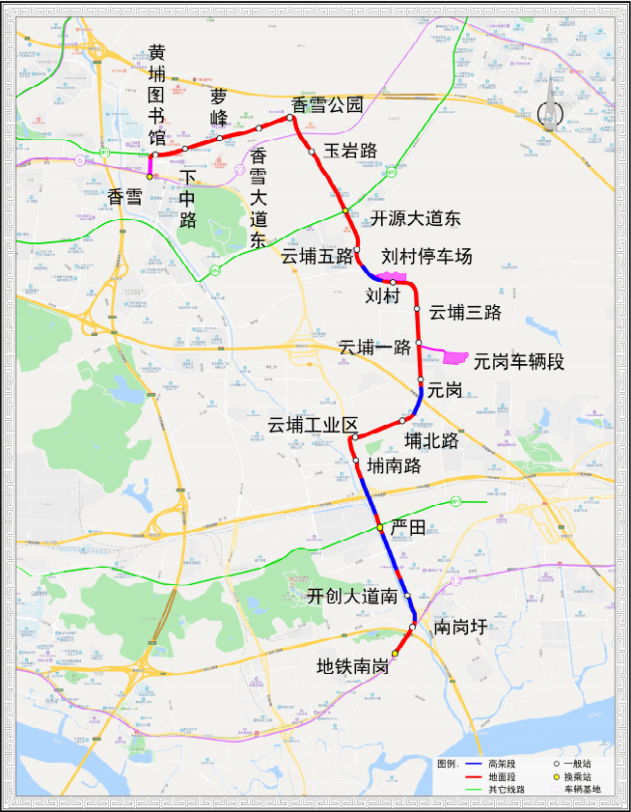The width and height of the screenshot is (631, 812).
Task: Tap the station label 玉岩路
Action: click(x=349, y=151)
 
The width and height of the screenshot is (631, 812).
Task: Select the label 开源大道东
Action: click(x=416, y=218)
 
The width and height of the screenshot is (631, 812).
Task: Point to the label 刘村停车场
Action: click(x=426, y=257)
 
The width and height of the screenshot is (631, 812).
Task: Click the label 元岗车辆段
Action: click(x=518, y=361)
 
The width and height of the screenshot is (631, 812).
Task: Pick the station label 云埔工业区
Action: click(x=313, y=426)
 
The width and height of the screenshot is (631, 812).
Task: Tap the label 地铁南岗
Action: click(x=353, y=666)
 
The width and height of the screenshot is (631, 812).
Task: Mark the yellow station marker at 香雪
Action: click(x=150, y=177)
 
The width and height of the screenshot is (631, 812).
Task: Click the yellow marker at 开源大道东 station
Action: click(x=344, y=211)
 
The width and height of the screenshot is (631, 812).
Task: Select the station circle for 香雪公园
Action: click(x=290, y=118)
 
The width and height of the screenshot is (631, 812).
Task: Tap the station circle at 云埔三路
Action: click(x=417, y=309)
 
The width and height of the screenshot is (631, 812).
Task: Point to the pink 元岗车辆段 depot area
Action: click(x=455, y=358)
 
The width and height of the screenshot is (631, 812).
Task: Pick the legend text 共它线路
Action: click(x=507, y=789)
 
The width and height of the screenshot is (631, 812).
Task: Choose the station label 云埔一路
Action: click(x=374, y=346)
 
